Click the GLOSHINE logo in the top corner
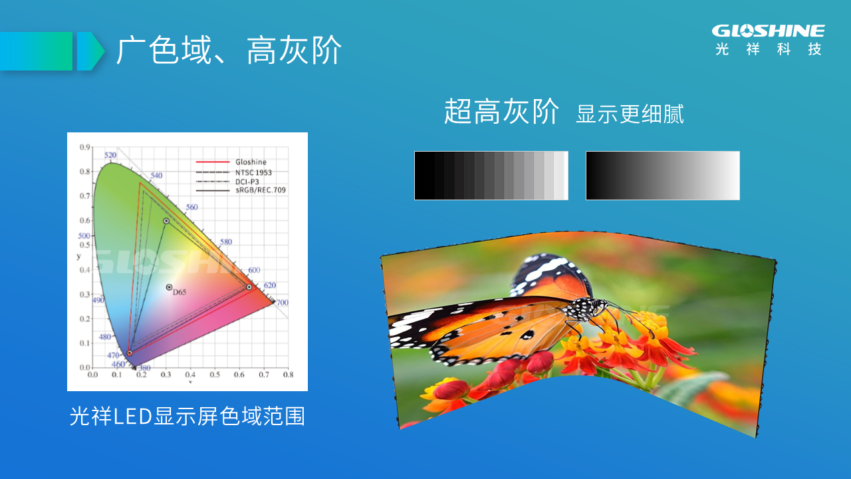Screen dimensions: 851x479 point(768,41)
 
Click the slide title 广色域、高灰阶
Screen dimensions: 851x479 point(229,50)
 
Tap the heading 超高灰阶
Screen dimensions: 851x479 point(501,111)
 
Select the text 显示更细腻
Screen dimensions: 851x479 point(630,114)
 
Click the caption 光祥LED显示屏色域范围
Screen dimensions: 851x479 point(187,416)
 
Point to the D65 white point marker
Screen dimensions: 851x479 point(170,287)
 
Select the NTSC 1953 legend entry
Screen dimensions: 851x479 point(233,172)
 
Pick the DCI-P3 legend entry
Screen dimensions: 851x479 point(227,182)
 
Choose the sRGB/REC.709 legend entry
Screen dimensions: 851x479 point(241,190)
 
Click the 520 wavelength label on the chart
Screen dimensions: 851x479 point(110,155)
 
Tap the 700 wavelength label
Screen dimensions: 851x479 point(282,303)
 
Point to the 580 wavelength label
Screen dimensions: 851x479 point(225,241)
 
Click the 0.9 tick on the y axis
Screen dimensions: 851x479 point(84,147)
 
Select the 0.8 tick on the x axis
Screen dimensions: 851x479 point(288,375)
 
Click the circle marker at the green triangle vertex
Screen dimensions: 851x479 point(166,221)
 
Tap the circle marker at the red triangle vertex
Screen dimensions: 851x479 point(249,287)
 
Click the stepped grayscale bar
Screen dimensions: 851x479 point(491,175)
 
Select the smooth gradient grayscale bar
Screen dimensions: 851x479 point(663,175)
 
